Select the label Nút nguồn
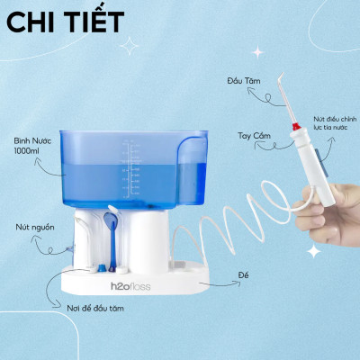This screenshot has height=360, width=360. pos(31,227)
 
